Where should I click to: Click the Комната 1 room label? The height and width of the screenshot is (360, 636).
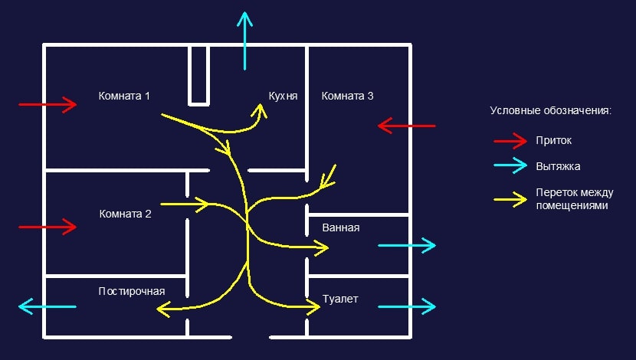click(124, 97)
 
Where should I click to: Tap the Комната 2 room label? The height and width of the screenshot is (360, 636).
click(126, 214)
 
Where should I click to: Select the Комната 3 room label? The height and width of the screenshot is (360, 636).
click(348, 97)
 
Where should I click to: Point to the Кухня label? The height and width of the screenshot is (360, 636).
click(283, 97)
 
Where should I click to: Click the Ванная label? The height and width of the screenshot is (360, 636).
click(341, 227)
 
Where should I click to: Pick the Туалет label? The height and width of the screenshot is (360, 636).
click(340, 299)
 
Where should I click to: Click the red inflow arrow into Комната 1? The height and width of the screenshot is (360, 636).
click(48, 104)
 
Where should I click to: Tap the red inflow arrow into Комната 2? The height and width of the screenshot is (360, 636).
click(48, 227)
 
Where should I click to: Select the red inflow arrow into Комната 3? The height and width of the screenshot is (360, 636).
click(407, 125)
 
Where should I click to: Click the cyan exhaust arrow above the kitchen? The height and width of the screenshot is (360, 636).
click(244, 39)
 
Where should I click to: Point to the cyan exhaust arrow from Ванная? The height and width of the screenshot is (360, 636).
click(407, 245)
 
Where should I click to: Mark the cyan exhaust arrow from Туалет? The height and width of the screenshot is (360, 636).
click(407, 307)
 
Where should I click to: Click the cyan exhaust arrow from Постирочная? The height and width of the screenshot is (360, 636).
click(48, 307)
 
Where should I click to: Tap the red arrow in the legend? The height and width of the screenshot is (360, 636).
click(510, 141)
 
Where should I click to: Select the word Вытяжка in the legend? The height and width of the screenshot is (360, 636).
click(559, 165)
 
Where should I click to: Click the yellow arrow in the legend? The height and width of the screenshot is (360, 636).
click(510, 198)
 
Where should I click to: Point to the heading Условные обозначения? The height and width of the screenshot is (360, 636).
click(550, 111)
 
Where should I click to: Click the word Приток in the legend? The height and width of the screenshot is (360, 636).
click(554, 141)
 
